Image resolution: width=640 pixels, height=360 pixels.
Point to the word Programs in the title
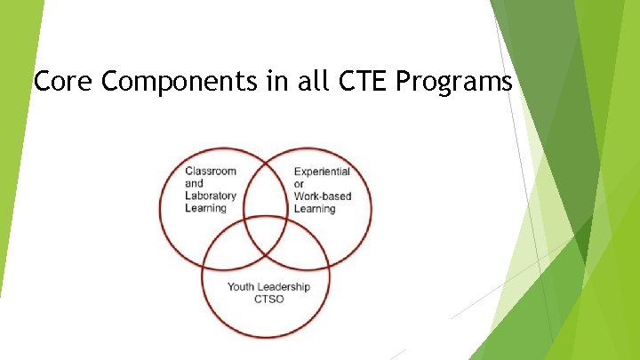454,83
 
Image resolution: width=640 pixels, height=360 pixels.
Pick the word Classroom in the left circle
211,171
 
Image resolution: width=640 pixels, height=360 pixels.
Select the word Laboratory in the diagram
211,196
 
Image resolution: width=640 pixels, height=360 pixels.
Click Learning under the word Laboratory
206,208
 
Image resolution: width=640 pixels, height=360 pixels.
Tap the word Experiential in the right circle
322,172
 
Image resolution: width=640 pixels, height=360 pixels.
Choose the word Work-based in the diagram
322,196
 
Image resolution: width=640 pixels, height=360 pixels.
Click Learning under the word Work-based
315,209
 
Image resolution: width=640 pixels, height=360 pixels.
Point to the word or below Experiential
299,184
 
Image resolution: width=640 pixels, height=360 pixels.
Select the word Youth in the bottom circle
241,286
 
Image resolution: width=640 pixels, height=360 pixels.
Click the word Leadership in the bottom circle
284,286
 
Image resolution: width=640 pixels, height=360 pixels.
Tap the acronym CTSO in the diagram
266,299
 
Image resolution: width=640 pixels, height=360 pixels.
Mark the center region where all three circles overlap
266,229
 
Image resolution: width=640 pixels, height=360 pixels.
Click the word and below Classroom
194,183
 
